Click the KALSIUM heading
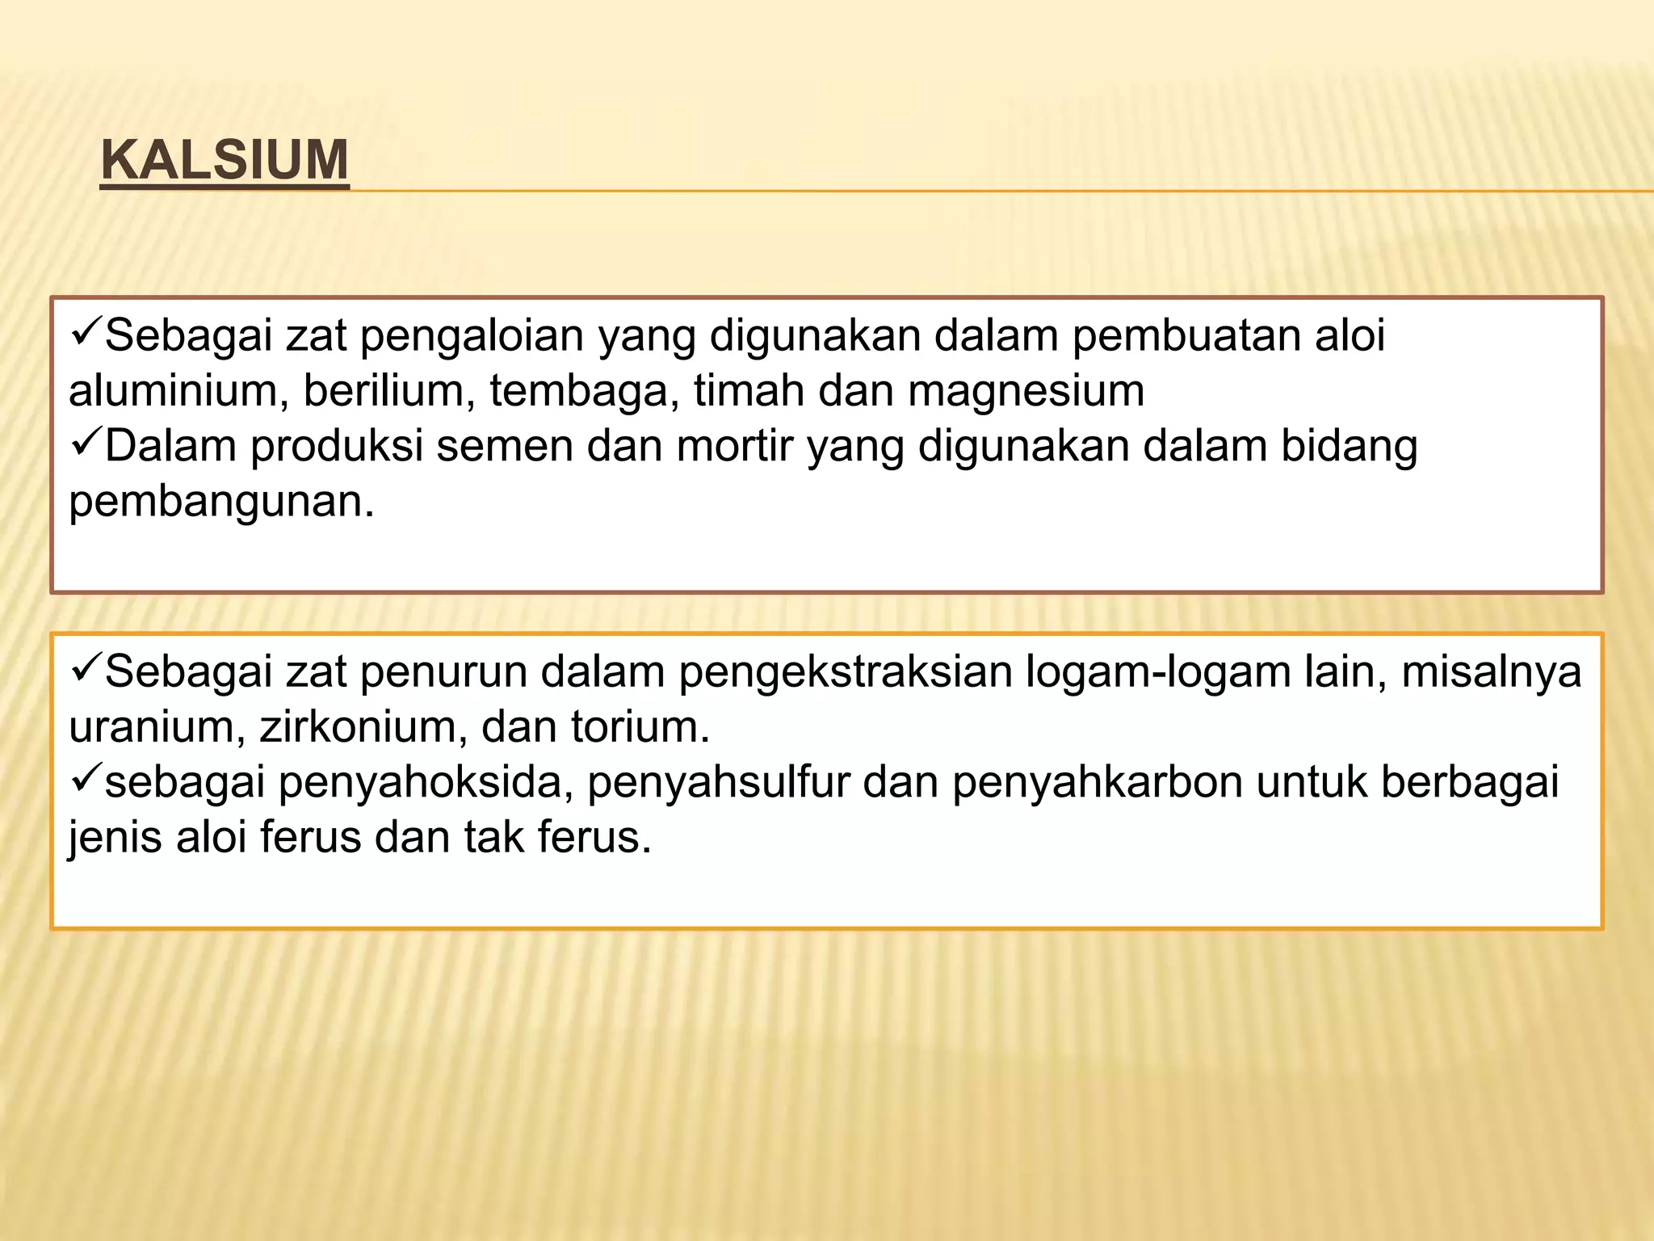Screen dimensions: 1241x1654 pos(225,160)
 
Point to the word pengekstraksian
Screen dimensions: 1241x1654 pos(845,673)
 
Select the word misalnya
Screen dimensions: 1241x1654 pos(1491,673)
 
